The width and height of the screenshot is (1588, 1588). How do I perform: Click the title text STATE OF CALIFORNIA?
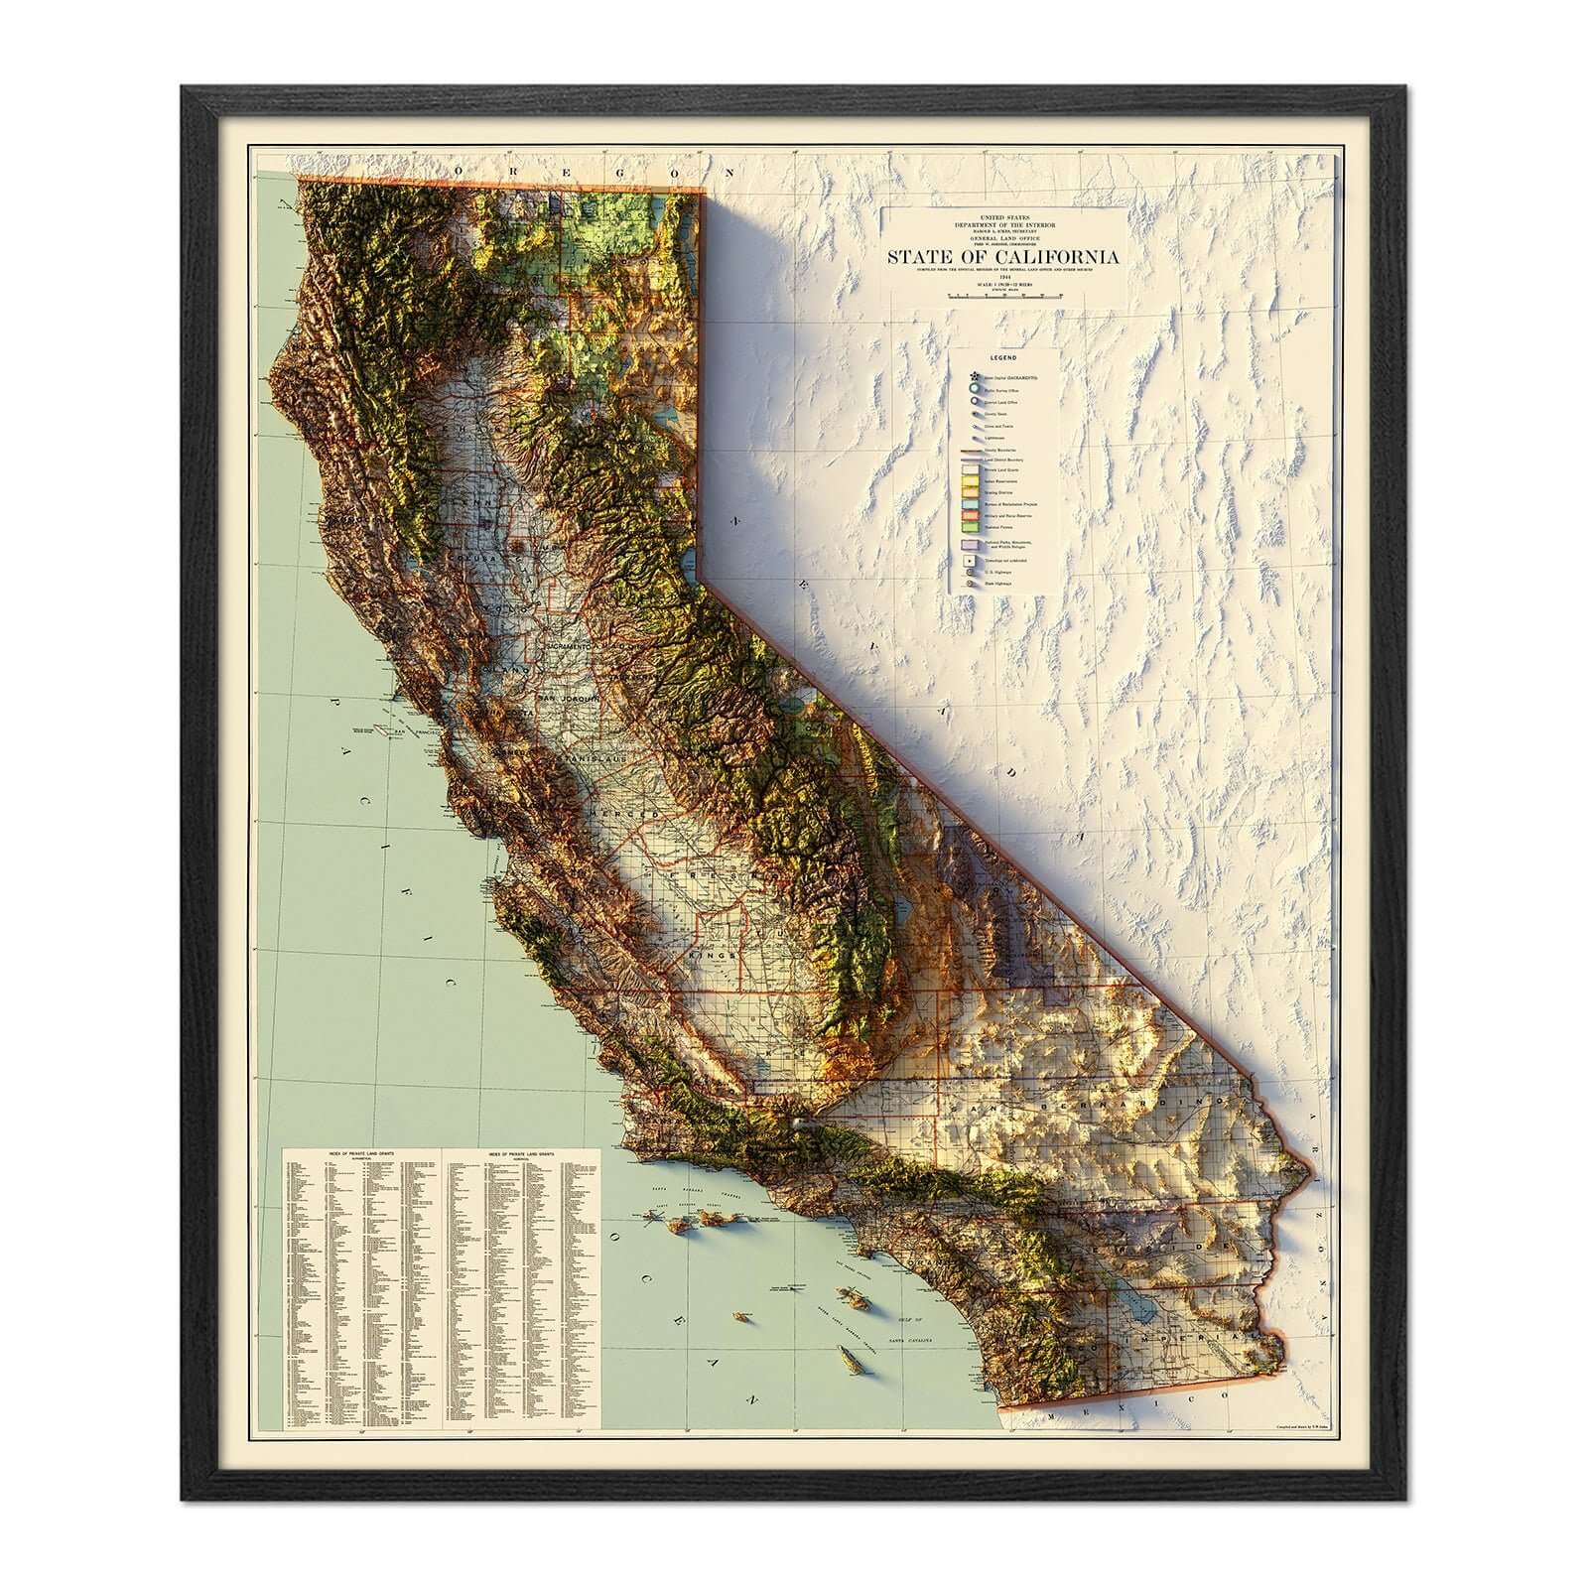1004,257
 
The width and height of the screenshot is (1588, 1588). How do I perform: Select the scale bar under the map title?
1004,295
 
